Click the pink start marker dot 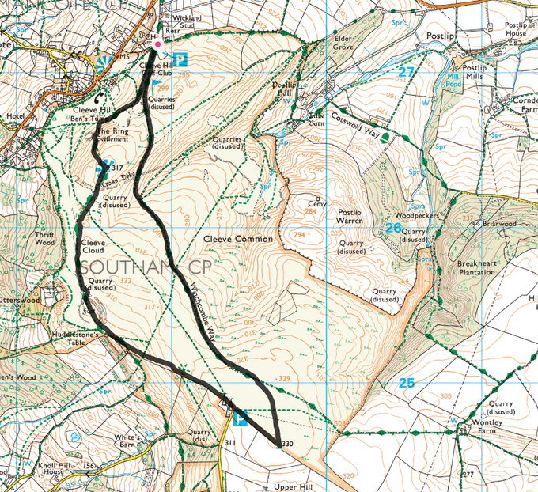tap(157, 45)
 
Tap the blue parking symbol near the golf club tap(180, 59)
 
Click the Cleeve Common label tap(237, 238)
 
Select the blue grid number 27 tap(406, 72)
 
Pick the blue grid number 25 tap(406, 383)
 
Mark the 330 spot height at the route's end tap(286, 445)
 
